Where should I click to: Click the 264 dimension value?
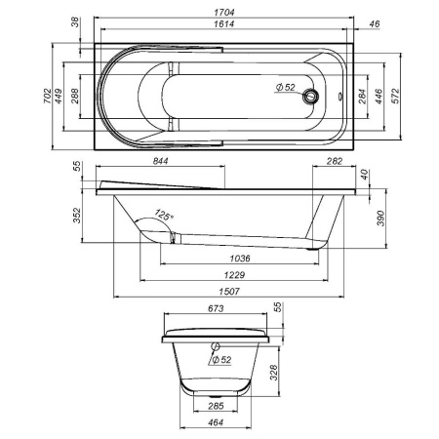362,96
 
